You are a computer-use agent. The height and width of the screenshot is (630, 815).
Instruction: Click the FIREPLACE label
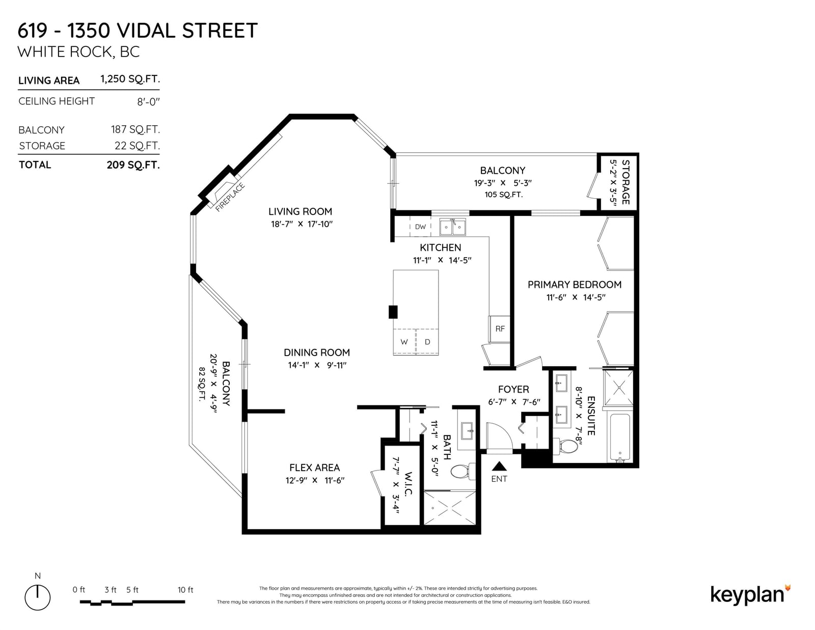(x=230, y=197)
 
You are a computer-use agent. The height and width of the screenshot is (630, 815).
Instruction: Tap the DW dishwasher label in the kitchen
(x=420, y=227)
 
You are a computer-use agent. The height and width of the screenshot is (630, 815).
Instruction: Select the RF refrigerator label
(x=500, y=329)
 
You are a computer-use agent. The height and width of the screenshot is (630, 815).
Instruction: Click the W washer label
(x=404, y=342)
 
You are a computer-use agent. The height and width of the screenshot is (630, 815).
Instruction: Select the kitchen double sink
(x=453, y=227)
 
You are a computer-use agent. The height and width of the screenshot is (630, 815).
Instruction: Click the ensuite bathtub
(x=619, y=437)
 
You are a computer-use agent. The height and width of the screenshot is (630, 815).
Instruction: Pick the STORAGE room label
(x=625, y=182)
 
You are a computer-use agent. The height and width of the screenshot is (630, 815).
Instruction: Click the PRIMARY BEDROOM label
(x=574, y=285)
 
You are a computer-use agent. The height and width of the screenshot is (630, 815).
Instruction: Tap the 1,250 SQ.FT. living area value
(x=130, y=79)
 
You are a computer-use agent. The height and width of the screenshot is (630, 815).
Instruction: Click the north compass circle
(x=38, y=597)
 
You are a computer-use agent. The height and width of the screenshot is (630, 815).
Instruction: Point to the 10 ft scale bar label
(x=185, y=590)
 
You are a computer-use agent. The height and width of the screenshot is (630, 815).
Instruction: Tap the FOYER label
(x=513, y=389)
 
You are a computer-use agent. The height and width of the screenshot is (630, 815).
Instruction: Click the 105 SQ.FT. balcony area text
(x=503, y=195)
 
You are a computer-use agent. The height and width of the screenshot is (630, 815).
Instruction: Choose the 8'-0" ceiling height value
(x=149, y=102)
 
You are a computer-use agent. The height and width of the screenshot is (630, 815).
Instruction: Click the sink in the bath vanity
(x=467, y=430)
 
